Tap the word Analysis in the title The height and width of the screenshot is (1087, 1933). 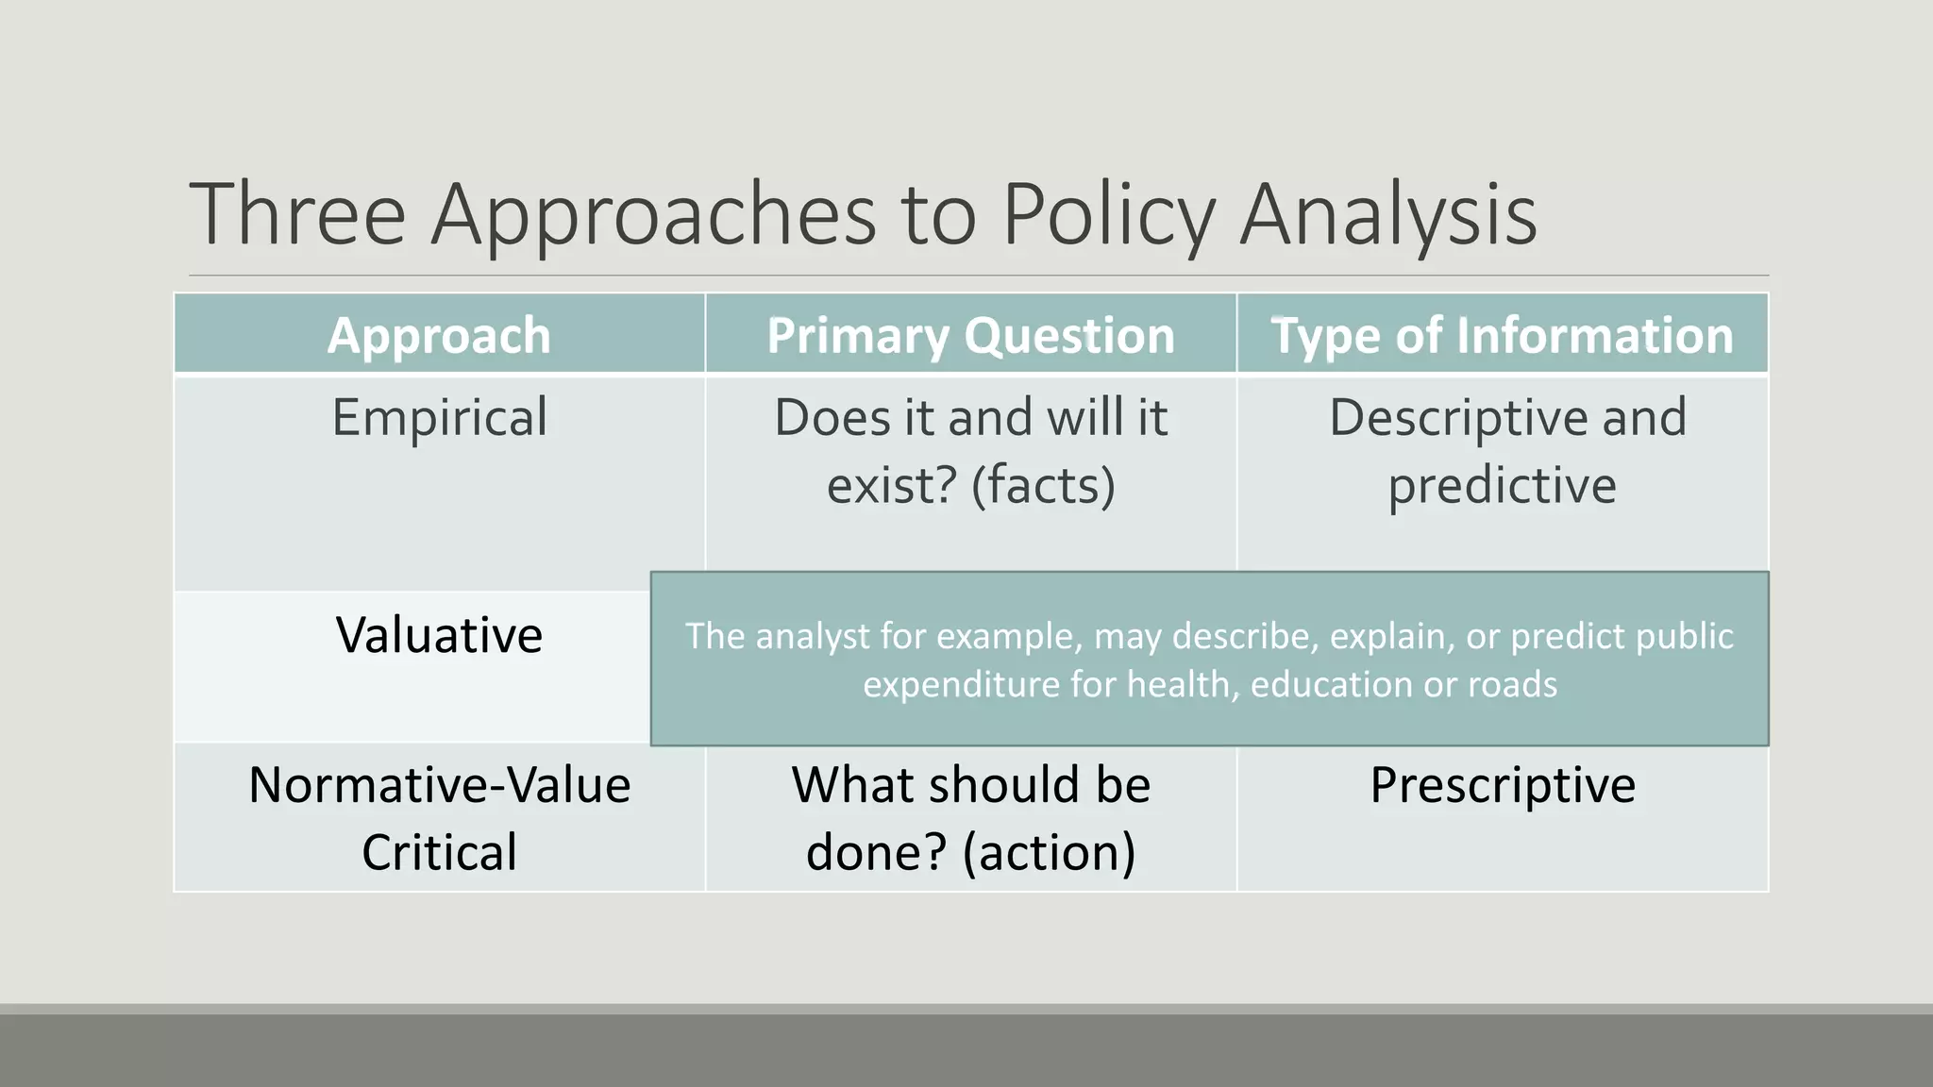[x=1387, y=216]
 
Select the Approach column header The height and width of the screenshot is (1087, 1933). [x=439, y=335]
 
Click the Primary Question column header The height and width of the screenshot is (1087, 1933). [x=970, y=335]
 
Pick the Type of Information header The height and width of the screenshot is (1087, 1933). [x=1502, y=335]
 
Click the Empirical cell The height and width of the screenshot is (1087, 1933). [x=439, y=417]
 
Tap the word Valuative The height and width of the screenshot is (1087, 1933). [x=439, y=634]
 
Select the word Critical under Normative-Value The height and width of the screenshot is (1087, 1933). [x=439, y=852]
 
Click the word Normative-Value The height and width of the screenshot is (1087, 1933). [x=439, y=784]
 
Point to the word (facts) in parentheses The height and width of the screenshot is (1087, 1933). [x=1043, y=485]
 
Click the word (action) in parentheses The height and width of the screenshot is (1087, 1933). [x=1049, y=852]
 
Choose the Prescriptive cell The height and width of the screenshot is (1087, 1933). [x=1502, y=784]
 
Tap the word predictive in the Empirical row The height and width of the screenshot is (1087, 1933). [x=1502, y=485]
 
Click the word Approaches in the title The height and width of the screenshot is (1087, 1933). [x=653, y=216]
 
